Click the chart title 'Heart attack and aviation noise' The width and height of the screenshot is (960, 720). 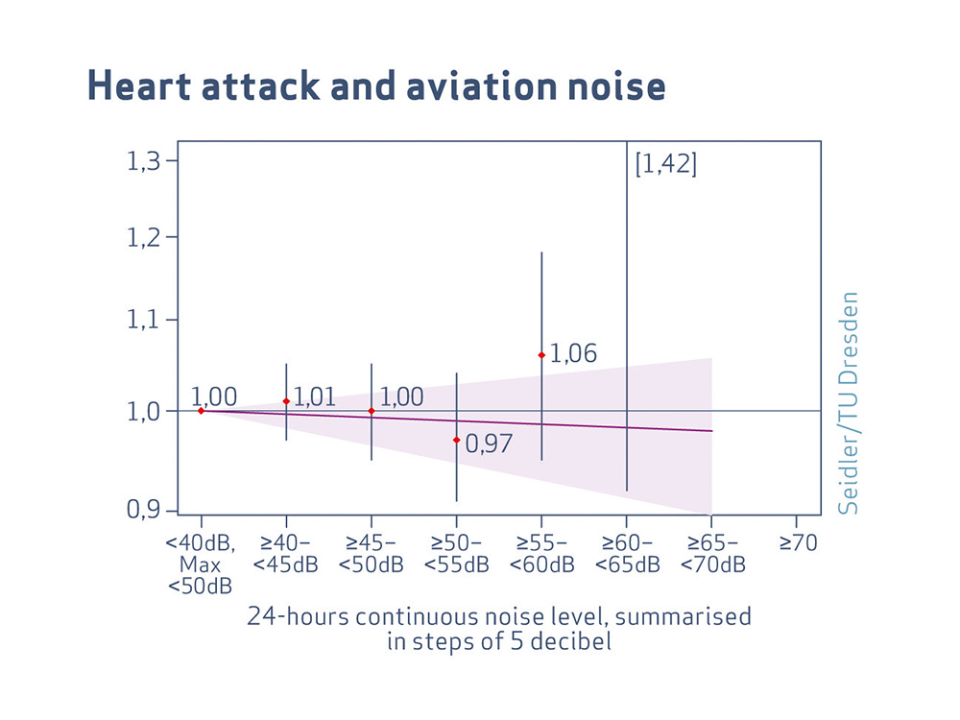coord(376,85)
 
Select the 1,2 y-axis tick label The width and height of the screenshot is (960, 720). coord(145,238)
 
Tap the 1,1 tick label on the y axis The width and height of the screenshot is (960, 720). coord(145,320)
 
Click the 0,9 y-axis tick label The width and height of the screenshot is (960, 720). coord(145,511)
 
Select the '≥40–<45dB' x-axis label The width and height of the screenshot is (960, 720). coord(286,554)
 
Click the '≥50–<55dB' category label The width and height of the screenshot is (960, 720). coord(457,554)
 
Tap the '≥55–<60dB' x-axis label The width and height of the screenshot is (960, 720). coord(541,554)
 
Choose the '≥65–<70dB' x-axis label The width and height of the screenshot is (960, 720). coord(712,554)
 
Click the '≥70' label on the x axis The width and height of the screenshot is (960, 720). coord(798,543)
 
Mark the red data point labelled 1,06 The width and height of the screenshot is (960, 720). coord(541,355)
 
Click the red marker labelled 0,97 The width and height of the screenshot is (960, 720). coord(457,440)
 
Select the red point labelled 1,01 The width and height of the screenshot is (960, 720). coord(286,401)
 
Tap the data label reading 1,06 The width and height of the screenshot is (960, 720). coord(574,354)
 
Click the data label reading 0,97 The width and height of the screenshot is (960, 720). coord(489,444)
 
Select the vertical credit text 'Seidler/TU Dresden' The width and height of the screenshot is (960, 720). coord(848,403)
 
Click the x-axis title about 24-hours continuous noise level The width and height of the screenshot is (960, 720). coord(499,629)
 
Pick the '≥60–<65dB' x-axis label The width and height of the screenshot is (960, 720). coord(627,554)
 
